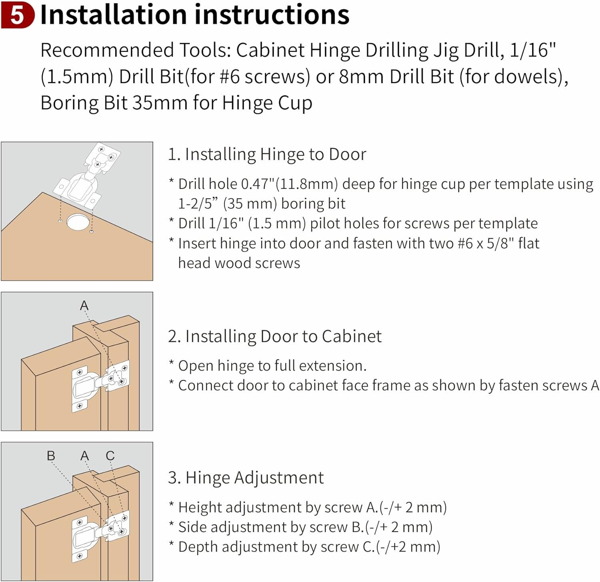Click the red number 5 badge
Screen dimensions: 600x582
[18, 15]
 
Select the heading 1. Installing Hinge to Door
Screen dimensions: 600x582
[267, 155]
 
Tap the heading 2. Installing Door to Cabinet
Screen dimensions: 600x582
[275, 337]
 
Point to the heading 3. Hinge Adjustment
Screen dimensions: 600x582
[246, 478]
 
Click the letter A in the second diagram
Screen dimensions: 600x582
[84, 306]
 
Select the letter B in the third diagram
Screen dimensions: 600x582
[51, 456]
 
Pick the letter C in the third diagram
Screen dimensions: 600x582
[110, 456]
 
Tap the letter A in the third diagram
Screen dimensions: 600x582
[84, 456]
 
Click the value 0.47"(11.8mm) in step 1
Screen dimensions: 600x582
[290, 184]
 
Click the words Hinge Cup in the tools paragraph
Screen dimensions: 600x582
[267, 103]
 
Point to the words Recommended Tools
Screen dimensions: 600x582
[135, 50]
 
